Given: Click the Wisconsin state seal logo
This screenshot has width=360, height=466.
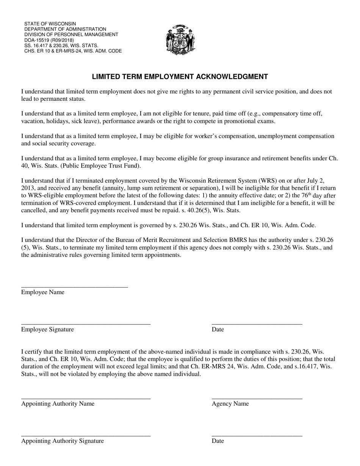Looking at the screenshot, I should [x=180, y=40].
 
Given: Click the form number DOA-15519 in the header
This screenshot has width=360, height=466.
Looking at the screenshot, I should [x=36, y=40].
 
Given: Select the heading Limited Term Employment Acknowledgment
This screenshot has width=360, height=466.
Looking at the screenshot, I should [x=180, y=77].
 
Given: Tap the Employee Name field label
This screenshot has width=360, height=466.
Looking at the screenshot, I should [x=43, y=292].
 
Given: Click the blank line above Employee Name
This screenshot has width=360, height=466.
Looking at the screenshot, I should [x=74, y=286].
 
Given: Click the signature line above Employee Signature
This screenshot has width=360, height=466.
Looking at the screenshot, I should [x=86, y=323].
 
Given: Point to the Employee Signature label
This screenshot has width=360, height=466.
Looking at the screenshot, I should [x=47, y=329].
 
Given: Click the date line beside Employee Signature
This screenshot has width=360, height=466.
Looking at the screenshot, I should [x=257, y=323].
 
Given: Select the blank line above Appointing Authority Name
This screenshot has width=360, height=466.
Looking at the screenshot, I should [x=86, y=397].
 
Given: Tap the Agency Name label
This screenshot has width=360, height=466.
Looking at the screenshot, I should [x=230, y=403].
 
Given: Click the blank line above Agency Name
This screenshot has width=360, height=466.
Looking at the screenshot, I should [x=257, y=397].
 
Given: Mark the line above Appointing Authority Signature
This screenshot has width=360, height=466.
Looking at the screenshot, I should [x=86, y=435].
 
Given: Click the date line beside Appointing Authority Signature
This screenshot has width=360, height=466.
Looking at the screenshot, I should [x=257, y=435].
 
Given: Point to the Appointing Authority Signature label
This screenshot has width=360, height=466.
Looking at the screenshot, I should [x=63, y=441].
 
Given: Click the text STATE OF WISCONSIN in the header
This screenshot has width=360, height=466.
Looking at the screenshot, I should [x=50, y=23].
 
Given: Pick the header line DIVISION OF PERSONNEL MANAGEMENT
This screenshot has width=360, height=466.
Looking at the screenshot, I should [x=71, y=34].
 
